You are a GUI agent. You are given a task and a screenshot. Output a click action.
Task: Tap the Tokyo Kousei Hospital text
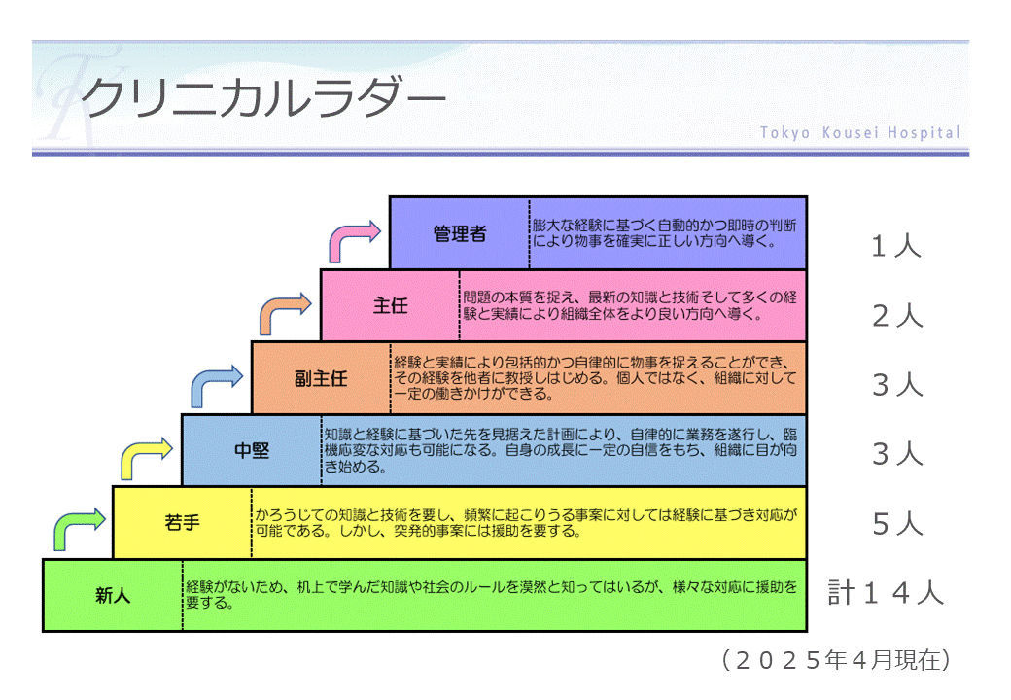(x=859, y=132)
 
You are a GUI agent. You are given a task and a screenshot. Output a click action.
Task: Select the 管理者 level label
(x=460, y=233)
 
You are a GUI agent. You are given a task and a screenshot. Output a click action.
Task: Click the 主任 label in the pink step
(x=390, y=305)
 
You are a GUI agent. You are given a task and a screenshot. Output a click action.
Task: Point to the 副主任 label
(x=321, y=378)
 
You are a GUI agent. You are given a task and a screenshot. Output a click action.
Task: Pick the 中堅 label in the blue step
(x=252, y=450)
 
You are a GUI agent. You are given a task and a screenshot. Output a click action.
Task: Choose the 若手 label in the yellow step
(x=182, y=523)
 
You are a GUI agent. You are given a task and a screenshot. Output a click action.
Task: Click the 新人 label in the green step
(x=113, y=595)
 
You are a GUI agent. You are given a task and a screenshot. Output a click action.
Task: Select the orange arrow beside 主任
(x=285, y=313)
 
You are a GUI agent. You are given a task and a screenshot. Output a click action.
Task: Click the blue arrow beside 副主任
(x=216, y=386)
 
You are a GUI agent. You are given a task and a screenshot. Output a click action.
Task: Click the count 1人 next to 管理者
(x=895, y=246)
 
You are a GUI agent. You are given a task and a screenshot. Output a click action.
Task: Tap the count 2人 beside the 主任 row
(x=896, y=316)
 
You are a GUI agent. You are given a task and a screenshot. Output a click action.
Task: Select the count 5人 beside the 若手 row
(x=896, y=525)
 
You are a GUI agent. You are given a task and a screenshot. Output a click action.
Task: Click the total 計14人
(x=886, y=592)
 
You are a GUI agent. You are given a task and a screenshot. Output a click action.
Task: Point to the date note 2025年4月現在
(x=836, y=660)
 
